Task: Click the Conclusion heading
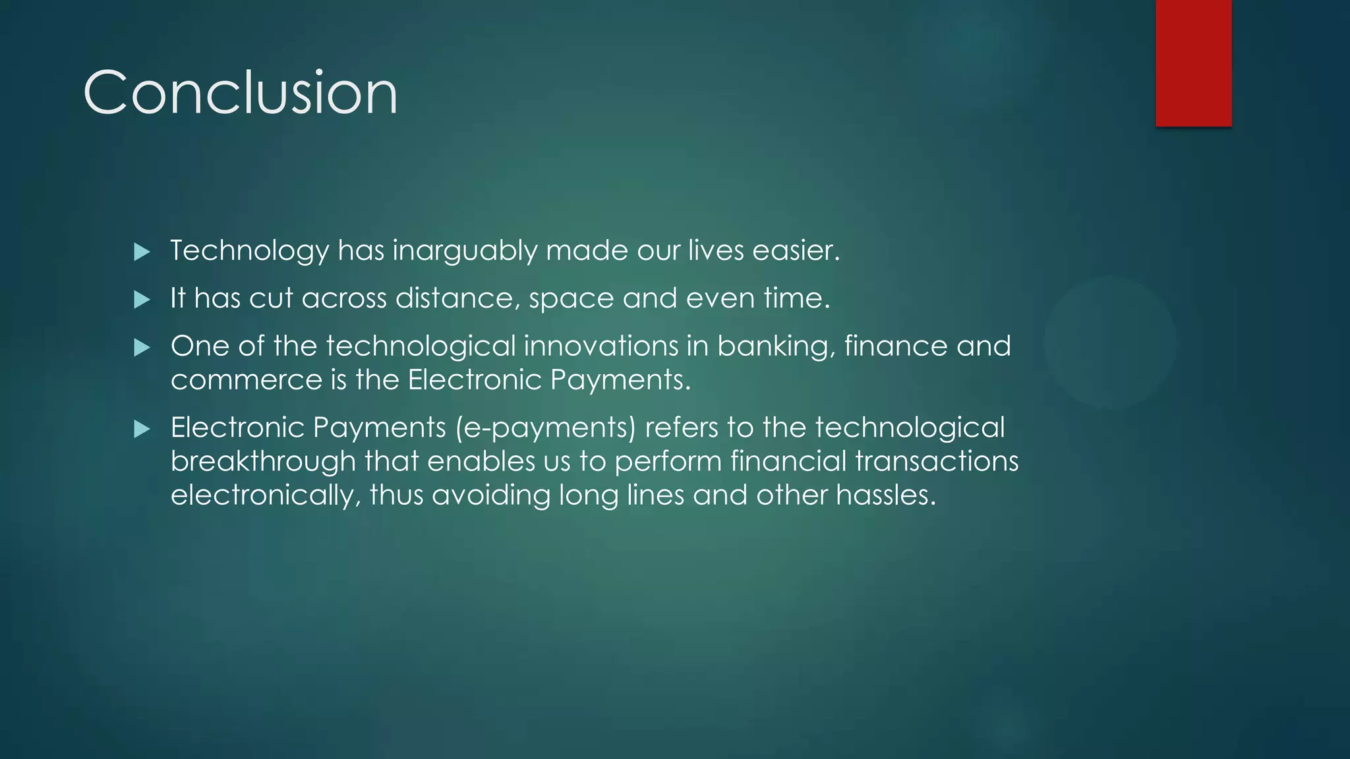click(x=241, y=93)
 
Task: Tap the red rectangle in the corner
click(x=1193, y=63)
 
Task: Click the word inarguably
click(x=465, y=251)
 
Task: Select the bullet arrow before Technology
click(x=142, y=252)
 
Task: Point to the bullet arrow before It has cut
click(x=142, y=300)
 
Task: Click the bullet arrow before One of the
click(x=142, y=348)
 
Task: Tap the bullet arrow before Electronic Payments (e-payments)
click(x=142, y=430)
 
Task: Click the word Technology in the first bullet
click(x=249, y=251)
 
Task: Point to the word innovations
click(x=601, y=347)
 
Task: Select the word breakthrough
click(x=263, y=461)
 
